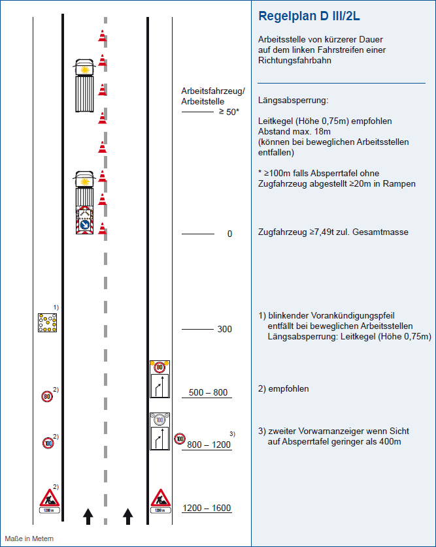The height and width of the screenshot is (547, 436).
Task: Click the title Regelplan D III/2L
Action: point(309,16)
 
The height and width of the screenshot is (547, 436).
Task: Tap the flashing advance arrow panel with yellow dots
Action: point(48,322)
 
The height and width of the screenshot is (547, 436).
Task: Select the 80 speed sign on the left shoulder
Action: point(47,397)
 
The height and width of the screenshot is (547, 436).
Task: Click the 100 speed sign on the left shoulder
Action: point(48,443)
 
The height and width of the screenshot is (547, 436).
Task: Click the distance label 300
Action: point(224,330)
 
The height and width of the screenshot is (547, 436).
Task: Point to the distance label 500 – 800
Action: point(208,392)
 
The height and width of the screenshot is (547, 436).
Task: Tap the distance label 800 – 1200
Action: point(209,445)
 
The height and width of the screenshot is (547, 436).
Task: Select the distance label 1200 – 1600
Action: point(207,508)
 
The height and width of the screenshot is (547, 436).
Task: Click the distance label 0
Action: point(229,234)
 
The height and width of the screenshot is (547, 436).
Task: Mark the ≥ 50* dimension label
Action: point(229,112)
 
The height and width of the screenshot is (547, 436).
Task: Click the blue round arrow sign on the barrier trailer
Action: point(84,225)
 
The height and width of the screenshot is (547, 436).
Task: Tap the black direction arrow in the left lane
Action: point(88,516)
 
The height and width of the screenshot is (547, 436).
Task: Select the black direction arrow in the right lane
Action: point(128,516)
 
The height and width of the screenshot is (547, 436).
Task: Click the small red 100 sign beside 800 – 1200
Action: point(180,439)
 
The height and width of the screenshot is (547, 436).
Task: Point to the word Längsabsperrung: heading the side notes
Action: point(293,101)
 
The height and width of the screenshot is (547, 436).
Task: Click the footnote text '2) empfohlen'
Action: point(283,389)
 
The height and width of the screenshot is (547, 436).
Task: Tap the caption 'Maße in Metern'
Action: point(29,539)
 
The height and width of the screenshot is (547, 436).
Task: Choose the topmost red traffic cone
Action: point(102,36)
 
